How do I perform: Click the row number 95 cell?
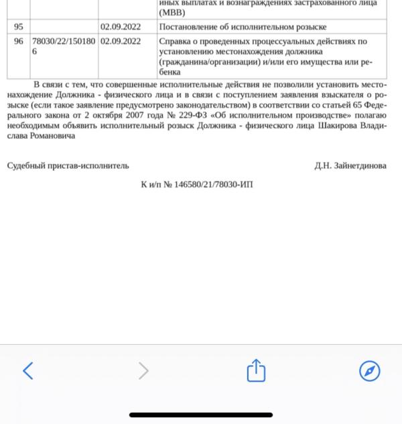(x=18, y=27)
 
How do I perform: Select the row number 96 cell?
(x=18, y=42)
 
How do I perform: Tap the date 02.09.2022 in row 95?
(x=121, y=27)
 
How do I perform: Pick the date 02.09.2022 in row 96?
(x=121, y=42)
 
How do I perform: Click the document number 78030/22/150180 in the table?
(x=64, y=42)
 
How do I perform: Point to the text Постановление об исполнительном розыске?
(x=243, y=27)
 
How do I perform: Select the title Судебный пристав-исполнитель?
(x=68, y=165)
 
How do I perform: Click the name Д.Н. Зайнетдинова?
(x=350, y=165)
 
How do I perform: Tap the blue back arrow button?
(x=27, y=370)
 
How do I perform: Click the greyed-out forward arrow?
(x=143, y=370)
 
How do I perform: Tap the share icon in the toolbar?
(x=257, y=370)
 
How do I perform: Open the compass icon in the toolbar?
(x=369, y=370)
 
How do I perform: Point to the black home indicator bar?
(x=201, y=415)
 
